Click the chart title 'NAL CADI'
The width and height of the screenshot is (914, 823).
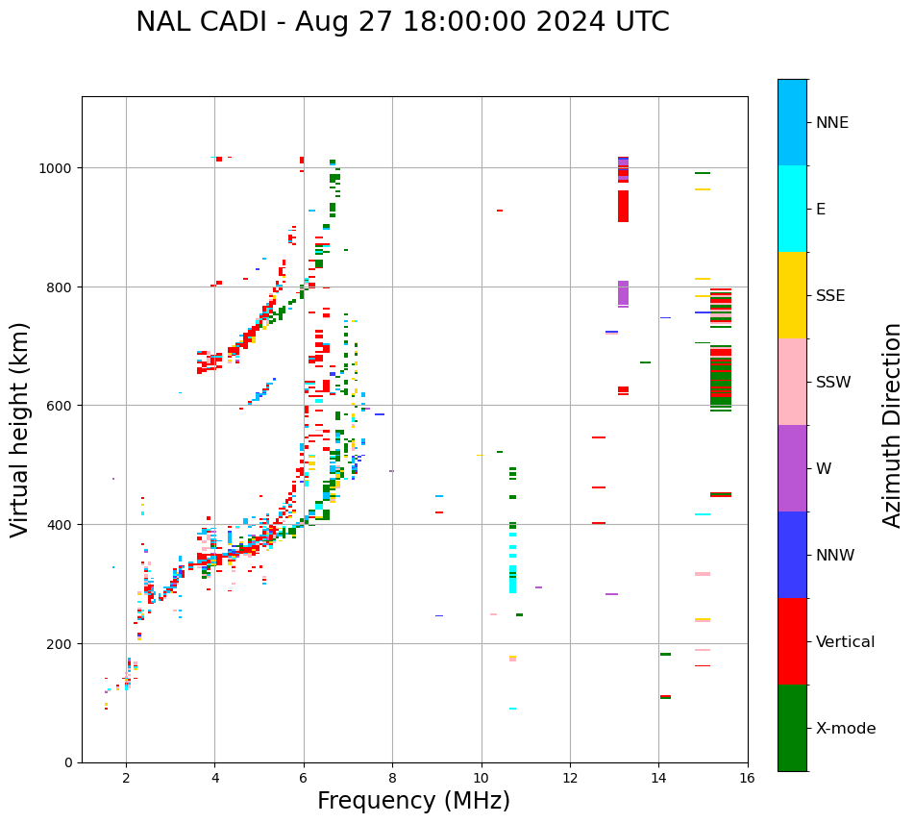(x=202, y=22)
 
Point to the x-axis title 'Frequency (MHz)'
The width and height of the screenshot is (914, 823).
(x=413, y=801)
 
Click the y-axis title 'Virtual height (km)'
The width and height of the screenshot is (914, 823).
(x=20, y=429)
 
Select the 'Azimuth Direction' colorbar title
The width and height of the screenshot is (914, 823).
(x=893, y=425)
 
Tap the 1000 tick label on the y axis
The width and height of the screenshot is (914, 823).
(x=56, y=168)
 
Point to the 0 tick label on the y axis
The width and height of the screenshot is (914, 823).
(x=69, y=762)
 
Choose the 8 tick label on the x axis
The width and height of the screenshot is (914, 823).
(x=392, y=780)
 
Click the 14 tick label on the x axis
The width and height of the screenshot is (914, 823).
(x=658, y=780)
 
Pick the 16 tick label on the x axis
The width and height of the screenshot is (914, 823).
(x=747, y=780)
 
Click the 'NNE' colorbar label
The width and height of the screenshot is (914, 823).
(x=832, y=123)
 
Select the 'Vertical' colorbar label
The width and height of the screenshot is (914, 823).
(x=846, y=642)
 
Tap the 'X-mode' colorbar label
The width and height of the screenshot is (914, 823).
(x=846, y=729)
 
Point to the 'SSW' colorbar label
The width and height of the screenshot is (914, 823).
(x=833, y=383)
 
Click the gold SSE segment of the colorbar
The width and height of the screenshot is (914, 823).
(x=792, y=295)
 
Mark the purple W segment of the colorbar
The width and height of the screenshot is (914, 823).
(x=792, y=468)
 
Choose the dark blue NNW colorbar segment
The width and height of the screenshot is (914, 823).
(x=792, y=555)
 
